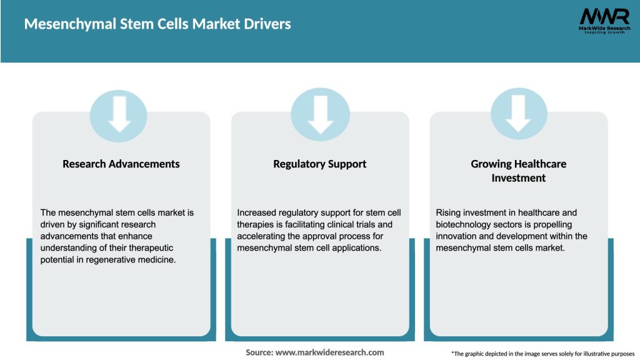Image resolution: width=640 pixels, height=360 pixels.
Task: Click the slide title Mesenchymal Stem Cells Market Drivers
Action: pos(157,24)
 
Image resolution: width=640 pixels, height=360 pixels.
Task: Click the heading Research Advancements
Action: pos(121,164)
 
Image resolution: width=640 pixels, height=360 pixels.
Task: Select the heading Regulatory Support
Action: pos(319,164)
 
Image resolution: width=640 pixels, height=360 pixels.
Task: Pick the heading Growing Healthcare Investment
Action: pos(518,171)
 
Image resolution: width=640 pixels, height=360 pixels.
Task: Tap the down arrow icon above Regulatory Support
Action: pos(320,114)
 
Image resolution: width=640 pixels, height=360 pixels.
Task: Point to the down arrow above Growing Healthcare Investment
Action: pos(519,114)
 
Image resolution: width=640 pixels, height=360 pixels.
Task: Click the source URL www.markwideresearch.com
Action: pos(329,352)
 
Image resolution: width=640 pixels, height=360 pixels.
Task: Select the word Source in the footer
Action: pos(258,352)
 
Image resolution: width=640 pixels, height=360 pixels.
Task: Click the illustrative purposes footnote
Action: pos(542,354)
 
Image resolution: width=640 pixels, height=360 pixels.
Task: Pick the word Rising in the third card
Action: pos(448,212)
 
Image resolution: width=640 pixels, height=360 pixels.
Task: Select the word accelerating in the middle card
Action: pos(261,236)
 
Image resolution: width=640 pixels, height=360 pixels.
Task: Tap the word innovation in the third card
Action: pos(457,236)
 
